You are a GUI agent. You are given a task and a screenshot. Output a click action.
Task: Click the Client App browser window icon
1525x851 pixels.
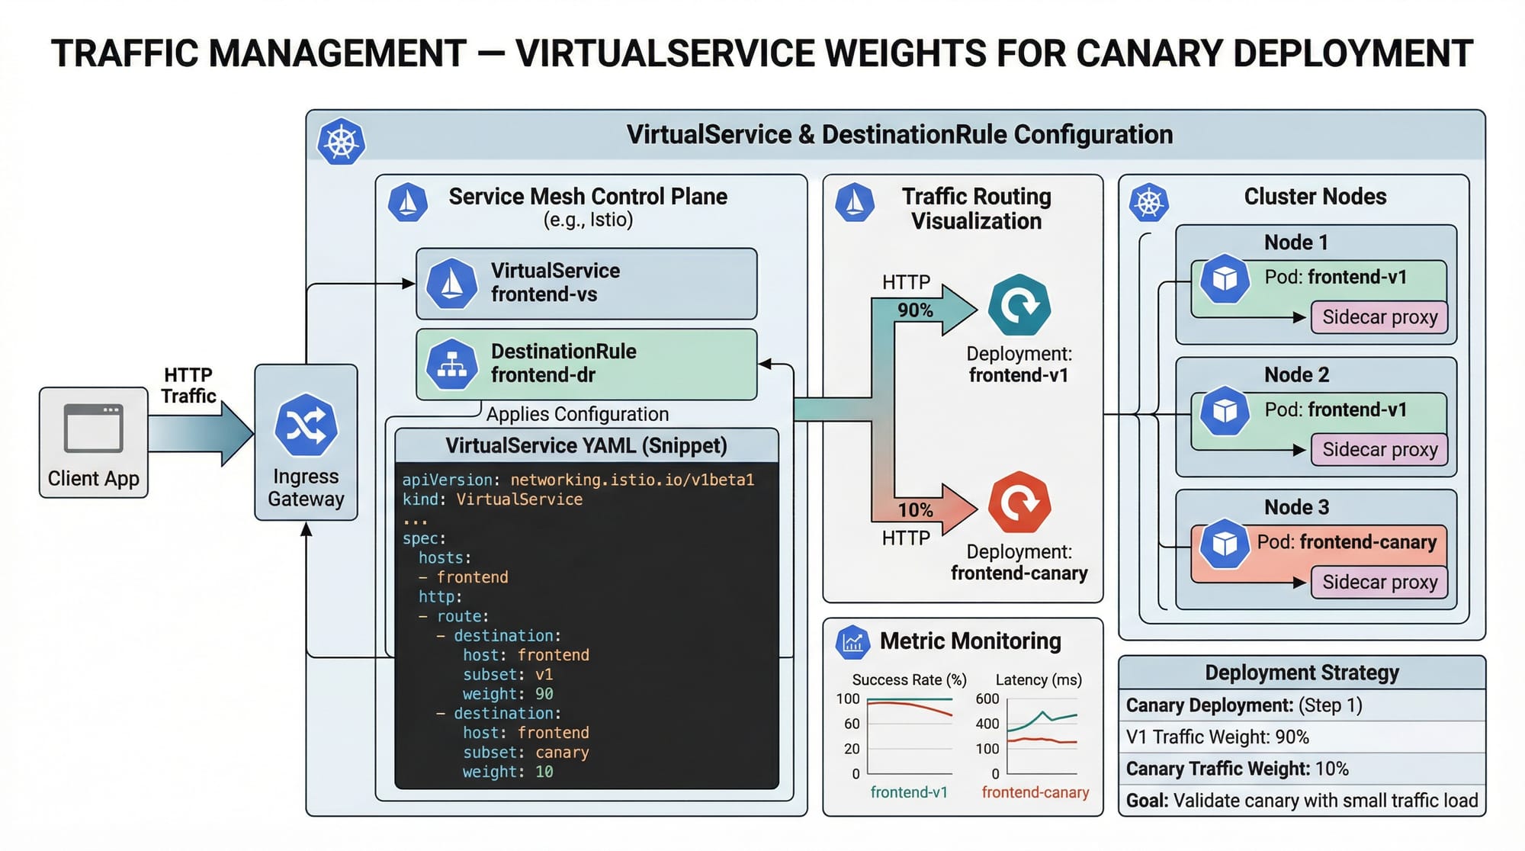tap(93, 428)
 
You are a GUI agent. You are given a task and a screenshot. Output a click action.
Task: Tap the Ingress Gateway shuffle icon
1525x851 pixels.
tap(306, 425)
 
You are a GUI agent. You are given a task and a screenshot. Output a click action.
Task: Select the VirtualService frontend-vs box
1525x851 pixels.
tap(586, 283)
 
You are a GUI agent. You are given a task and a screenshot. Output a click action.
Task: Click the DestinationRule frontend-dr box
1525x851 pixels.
tap(586, 364)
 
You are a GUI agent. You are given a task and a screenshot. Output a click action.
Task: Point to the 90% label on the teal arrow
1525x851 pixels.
tap(915, 310)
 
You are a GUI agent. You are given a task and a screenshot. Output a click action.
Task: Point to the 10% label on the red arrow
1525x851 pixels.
tap(915, 509)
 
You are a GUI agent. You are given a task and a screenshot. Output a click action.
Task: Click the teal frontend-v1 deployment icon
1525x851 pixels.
tap(1019, 305)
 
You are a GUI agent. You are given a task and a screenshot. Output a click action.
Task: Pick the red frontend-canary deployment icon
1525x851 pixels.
tap(1019, 503)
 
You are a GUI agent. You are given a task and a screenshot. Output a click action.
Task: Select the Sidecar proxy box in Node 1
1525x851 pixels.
tap(1379, 317)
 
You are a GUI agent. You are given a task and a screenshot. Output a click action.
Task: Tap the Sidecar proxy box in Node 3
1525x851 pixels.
tap(1379, 583)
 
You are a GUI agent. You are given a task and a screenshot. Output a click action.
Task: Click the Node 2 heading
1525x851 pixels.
tap(1296, 375)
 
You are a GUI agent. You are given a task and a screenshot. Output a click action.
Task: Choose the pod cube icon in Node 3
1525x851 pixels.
tap(1225, 544)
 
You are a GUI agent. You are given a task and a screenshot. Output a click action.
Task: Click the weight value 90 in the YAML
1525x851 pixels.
tap(544, 694)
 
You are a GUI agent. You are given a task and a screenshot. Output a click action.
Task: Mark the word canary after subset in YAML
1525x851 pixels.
tap(562, 753)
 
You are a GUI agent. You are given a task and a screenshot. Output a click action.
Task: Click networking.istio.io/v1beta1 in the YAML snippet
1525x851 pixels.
tap(632, 480)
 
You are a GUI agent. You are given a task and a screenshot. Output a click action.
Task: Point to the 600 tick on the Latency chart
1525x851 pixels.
tap(987, 698)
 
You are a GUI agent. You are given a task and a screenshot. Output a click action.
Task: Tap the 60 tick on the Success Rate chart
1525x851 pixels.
tap(852, 724)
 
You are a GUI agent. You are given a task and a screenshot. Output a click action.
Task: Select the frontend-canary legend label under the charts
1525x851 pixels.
tap(1035, 792)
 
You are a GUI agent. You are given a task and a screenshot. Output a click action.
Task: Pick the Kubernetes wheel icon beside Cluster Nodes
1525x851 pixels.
tap(1149, 203)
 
